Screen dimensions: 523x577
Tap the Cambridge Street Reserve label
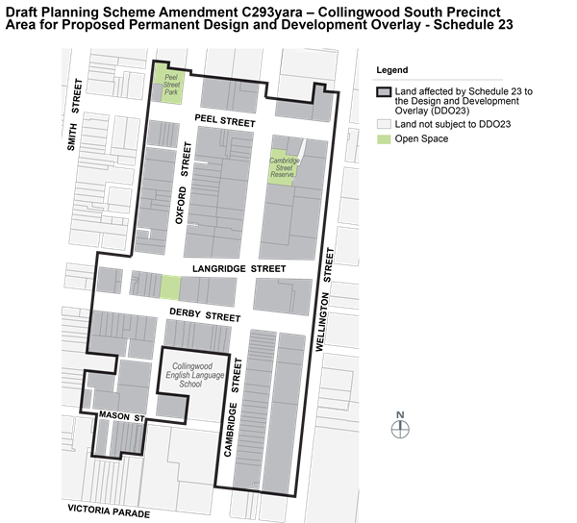click(x=281, y=168)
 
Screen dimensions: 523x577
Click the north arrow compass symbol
click(x=401, y=429)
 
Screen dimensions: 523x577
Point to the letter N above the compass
click(x=401, y=415)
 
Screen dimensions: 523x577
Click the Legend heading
click(x=391, y=70)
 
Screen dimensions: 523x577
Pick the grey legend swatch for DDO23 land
click(x=383, y=91)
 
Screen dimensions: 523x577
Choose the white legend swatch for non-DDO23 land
click(x=383, y=124)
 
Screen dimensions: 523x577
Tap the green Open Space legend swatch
click(x=383, y=139)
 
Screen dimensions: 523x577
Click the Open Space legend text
click(x=422, y=139)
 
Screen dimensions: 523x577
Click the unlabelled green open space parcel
click(x=169, y=287)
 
